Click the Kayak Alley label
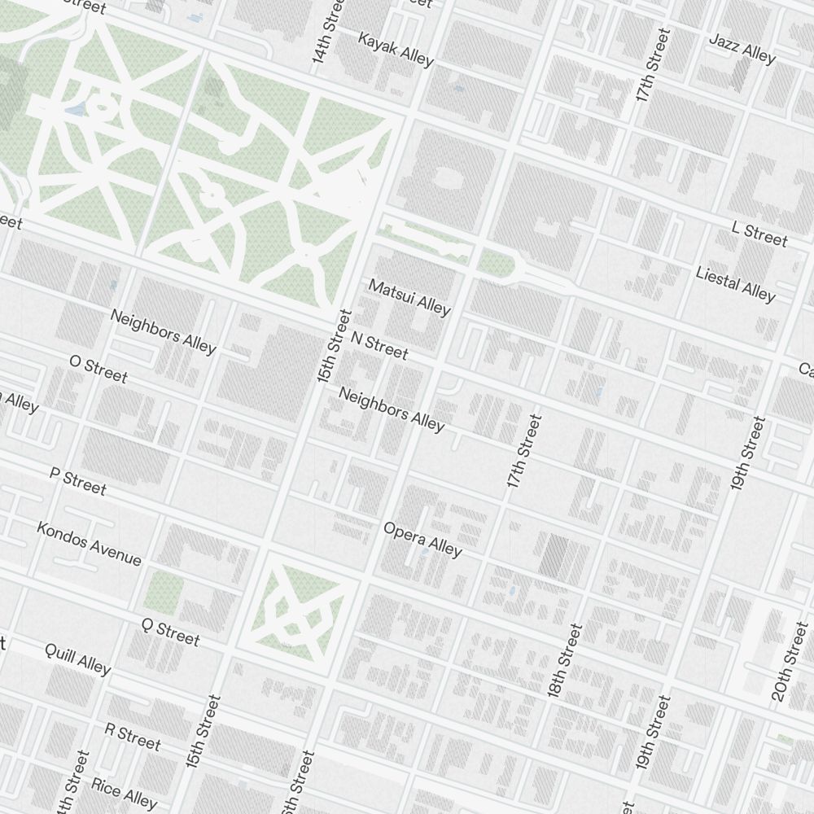tap(396, 50)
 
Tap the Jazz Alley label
tap(742, 48)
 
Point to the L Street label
tap(759, 234)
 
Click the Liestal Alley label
tap(735, 282)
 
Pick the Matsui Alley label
tap(409, 297)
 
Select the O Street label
tap(98, 368)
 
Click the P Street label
tap(78, 481)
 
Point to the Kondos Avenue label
tap(89, 543)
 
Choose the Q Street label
tap(170, 632)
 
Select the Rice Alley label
tap(124, 791)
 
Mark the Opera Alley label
tap(422, 539)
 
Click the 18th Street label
tap(565, 660)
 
